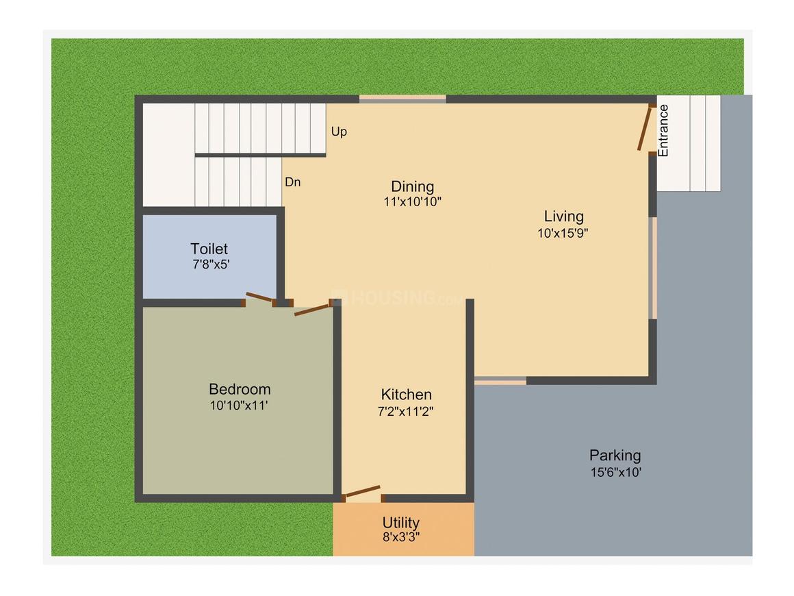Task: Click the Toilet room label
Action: [209, 249]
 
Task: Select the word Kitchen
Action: [407, 395]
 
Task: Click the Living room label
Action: [564, 216]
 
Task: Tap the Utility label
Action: [401, 523]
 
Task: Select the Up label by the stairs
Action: [339, 132]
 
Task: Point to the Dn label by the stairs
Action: [293, 182]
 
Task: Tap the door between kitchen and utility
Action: [363, 491]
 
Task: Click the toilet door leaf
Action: [259, 297]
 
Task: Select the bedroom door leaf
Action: [312, 310]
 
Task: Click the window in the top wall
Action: [402, 99]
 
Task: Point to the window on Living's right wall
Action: [654, 268]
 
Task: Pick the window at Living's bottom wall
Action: [500, 380]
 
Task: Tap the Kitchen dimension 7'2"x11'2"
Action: [407, 411]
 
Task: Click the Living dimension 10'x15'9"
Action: [563, 232]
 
